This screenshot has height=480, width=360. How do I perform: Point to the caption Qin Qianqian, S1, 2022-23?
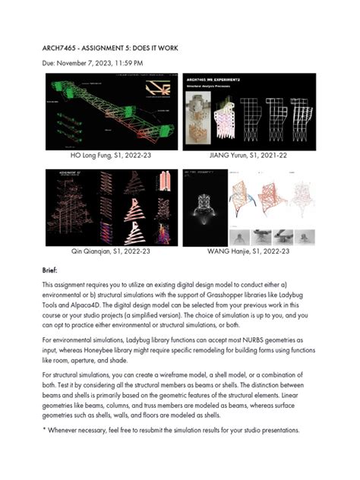pyautogui.click(x=110, y=248)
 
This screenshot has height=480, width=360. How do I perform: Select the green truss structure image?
pyautogui.click(x=110, y=112)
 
